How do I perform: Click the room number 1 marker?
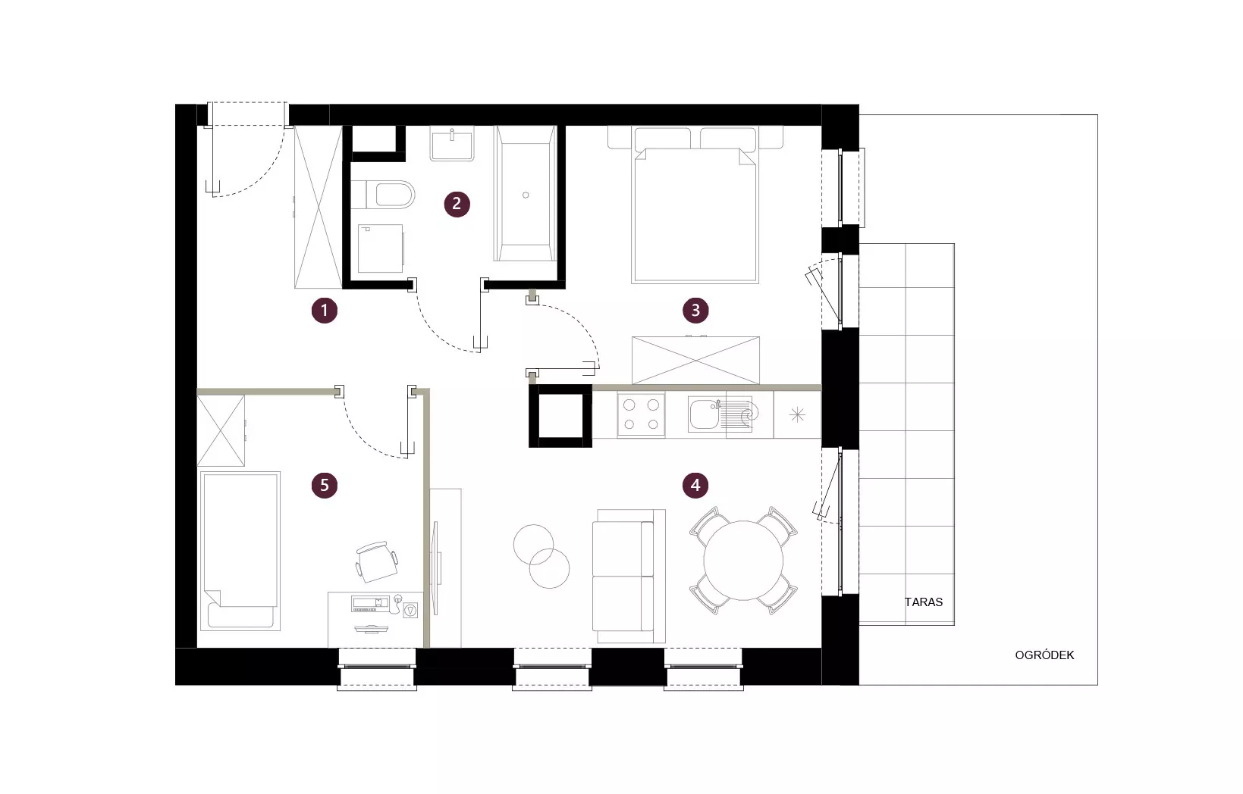pos(325,311)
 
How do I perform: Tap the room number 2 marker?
pos(457,204)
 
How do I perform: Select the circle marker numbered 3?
pos(695,311)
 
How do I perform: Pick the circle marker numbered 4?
pos(695,485)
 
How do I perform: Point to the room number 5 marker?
pos(325,485)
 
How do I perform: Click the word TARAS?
pos(924,602)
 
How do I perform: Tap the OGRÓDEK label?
pos(1044,655)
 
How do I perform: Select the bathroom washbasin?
pos(452,144)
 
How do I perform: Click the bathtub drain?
pos(526,195)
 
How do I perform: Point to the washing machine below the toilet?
pos(381,249)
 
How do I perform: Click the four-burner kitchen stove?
pos(641,414)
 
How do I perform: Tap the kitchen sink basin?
pos(703,414)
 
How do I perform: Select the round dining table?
pos(743,560)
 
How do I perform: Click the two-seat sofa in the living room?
pos(629,576)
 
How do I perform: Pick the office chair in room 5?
pos(377,561)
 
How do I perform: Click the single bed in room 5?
pos(240,551)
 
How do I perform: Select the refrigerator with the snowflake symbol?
pos(797,414)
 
